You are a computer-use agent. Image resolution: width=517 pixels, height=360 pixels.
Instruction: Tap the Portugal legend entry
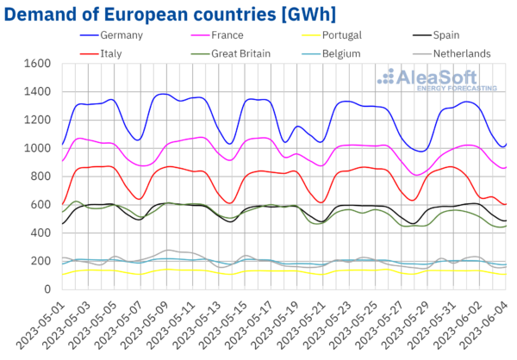337,36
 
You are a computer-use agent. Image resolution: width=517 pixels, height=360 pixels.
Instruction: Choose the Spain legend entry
449,36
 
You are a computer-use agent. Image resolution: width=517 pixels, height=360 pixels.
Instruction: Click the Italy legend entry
118,53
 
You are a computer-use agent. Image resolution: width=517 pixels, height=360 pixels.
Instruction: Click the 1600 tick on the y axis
34,64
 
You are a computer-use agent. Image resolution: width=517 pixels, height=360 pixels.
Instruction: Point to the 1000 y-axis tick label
34,148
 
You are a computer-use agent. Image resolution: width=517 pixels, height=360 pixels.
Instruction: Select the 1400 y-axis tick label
34,92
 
